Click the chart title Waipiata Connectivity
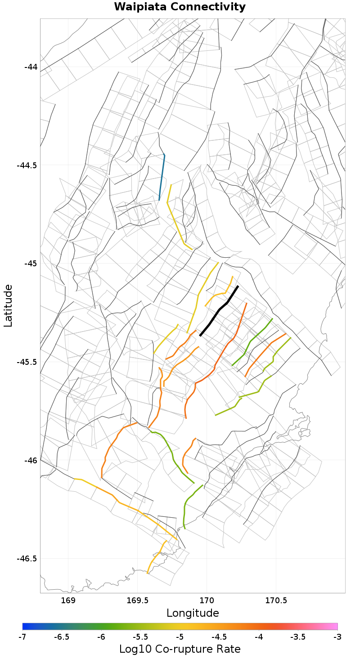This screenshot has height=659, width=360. coord(180,7)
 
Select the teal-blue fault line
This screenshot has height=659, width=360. coord(162,177)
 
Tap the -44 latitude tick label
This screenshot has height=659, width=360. coord(31,67)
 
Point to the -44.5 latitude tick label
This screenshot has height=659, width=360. coord(27,165)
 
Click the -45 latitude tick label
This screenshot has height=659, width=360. coord(31,263)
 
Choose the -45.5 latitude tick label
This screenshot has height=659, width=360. coord(27,362)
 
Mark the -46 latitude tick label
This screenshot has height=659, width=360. coord(31,460)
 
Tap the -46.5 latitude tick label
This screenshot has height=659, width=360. coord(27,558)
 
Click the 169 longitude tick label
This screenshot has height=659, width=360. coord(68,601)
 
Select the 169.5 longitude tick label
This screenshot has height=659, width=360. coord(137,601)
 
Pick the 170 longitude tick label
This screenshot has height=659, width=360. coord(207,601)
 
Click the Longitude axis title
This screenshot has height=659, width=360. coord(193,613)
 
